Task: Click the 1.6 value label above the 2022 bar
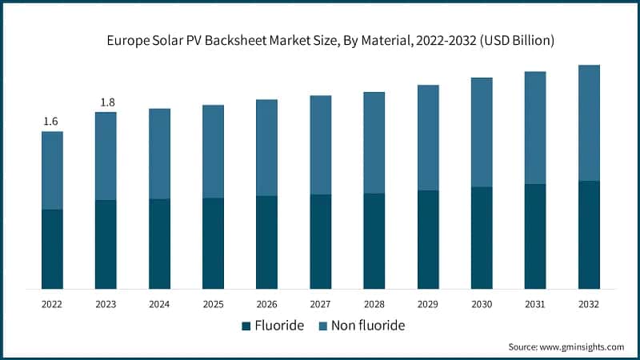[51, 122]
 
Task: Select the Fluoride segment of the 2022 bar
[52, 249]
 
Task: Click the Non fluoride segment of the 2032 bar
[589, 123]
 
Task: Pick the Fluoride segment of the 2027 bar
[320, 241]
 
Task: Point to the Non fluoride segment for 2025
[213, 151]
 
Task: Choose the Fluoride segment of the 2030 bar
[482, 238]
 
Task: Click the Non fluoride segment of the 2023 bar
[106, 156]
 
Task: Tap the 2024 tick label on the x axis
[159, 305]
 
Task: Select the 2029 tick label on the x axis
[428, 305]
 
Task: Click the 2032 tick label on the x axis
[589, 305]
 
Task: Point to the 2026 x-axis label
[266, 305]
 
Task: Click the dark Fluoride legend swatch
[246, 326]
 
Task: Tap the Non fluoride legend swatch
[325, 326]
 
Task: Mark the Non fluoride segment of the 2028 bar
[374, 142]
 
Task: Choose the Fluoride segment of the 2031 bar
[535, 236]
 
